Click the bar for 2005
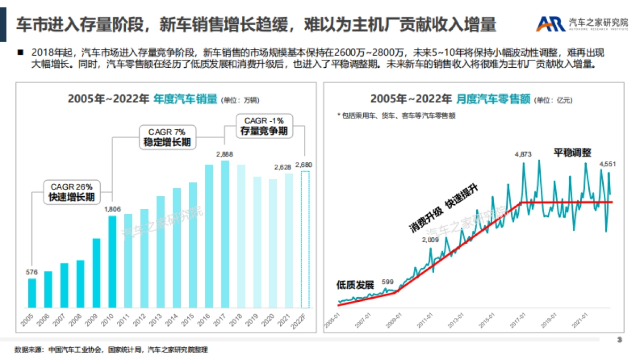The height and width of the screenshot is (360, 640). coord(32,293)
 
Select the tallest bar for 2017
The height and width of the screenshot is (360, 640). coord(225,235)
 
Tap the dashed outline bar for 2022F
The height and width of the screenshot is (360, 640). coord(305,240)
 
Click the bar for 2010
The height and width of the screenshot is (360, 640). coord(112,261)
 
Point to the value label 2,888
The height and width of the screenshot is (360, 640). coord(225,154)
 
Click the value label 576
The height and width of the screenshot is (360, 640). coord(32,272)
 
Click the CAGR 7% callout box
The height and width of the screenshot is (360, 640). coord(167,137)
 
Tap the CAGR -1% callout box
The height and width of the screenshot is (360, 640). coord(264,126)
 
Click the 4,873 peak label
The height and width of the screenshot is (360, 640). coord(523,154)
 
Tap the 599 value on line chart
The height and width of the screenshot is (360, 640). coord(388,282)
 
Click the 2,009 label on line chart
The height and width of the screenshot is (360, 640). coord(430,239)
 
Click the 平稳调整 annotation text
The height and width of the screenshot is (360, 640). coord(572,152)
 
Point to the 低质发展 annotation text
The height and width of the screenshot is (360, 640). coord(355,284)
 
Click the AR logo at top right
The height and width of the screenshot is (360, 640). coord(551,23)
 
